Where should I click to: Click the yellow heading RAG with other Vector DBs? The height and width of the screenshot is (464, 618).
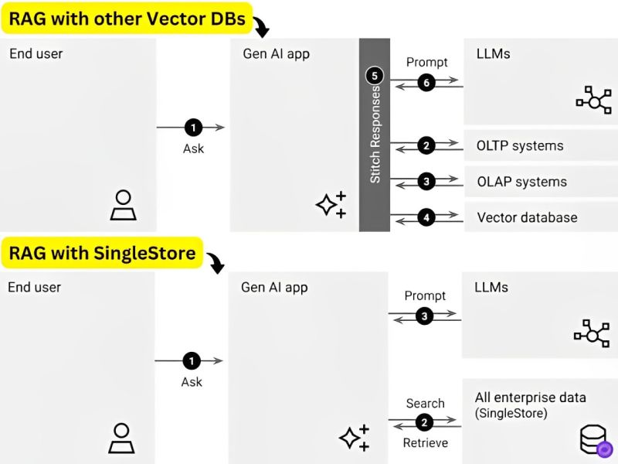[x=127, y=19]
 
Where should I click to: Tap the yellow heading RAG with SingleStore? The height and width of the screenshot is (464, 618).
[x=102, y=253]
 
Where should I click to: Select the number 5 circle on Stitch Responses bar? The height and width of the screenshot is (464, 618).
[x=375, y=76]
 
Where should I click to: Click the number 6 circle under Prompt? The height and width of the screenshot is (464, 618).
[x=426, y=83]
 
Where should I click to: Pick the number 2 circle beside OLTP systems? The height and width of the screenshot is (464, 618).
[x=426, y=145]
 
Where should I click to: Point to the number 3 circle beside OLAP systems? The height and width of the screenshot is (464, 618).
[x=426, y=182]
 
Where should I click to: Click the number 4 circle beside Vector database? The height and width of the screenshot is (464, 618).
[x=426, y=217]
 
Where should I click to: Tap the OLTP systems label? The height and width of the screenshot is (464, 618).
[x=520, y=146]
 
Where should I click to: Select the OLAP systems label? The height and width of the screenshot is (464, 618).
[x=522, y=182]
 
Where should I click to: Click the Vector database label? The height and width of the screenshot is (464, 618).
[x=527, y=217]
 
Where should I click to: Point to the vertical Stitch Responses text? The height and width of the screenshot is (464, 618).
[x=375, y=135]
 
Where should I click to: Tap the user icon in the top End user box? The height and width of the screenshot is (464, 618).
[x=124, y=205]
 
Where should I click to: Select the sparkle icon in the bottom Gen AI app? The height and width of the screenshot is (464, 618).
[x=354, y=438]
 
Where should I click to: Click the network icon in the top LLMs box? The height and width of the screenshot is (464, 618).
[x=593, y=101]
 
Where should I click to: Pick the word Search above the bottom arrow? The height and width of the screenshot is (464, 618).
[x=426, y=403]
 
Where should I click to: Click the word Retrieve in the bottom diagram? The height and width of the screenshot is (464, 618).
[x=426, y=442]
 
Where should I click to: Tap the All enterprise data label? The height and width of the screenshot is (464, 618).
[x=531, y=397]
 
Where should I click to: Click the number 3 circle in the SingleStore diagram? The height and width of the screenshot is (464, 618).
[x=424, y=316]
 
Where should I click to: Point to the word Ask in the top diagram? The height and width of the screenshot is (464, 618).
[x=194, y=148]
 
